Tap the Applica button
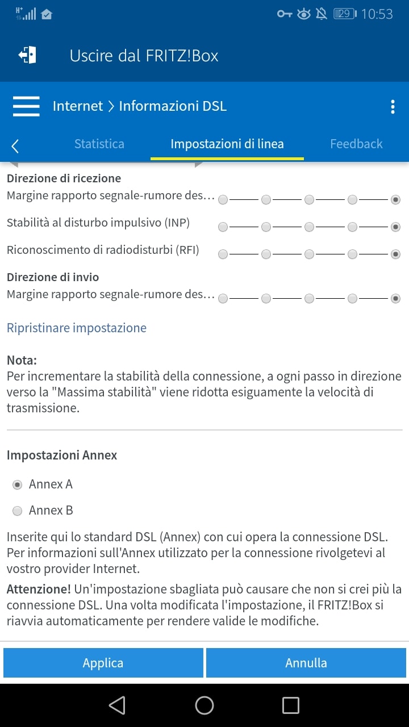(x=103, y=663)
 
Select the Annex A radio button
(x=18, y=484)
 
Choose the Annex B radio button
(x=18, y=511)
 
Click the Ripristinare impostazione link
(x=77, y=328)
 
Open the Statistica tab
(x=99, y=144)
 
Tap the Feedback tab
(x=356, y=144)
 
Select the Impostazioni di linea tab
(x=227, y=144)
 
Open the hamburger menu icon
(x=26, y=106)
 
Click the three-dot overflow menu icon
(x=393, y=107)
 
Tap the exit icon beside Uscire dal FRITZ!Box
(x=27, y=55)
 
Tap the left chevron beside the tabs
(x=15, y=146)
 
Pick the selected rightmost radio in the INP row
(x=396, y=227)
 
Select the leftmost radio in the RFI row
(x=223, y=254)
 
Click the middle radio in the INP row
(x=309, y=227)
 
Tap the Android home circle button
(x=204, y=705)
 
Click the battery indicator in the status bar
(x=344, y=14)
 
